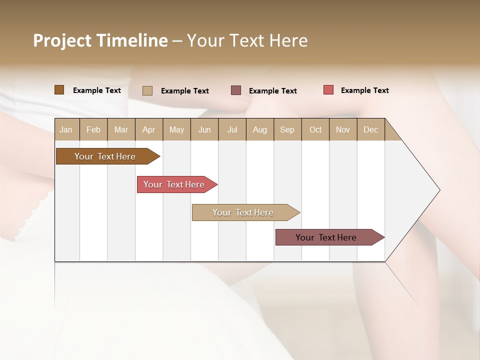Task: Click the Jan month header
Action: click(66, 129)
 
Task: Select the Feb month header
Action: click(93, 129)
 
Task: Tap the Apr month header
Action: click(148, 129)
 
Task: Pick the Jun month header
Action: click(204, 129)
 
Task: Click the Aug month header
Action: click(259, 129)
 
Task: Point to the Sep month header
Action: click(287, 129)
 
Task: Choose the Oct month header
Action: click(315, 129)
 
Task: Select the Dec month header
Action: click(370, 129)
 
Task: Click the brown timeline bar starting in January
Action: click(105, 156)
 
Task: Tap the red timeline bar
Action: click(174, 184)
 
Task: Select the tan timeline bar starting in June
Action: click(243, 212)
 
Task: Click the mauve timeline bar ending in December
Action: click(326, 237)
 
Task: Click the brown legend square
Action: click(59, 90)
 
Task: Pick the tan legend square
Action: click(147, 90)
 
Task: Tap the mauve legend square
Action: click(236, 90)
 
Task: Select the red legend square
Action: click(328, 90)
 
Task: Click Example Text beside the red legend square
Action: click(364, 90)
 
